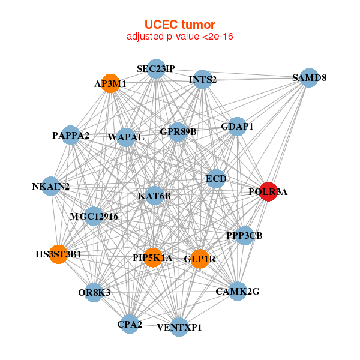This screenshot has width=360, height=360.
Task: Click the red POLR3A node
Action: (268, 192)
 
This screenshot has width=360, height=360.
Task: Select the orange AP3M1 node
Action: (110, 84)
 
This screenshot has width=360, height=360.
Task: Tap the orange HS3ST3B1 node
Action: (58, 254)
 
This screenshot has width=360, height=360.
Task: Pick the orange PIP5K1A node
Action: (152, 257)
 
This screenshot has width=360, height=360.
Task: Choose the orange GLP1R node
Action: (199, 259)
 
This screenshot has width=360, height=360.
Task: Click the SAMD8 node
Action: (308, 78)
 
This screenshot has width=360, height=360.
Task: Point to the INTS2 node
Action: (203, 80)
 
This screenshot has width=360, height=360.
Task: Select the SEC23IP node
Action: (155, 69)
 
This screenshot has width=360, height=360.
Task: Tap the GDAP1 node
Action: (238, 127)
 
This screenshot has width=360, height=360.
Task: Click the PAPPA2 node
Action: (71, 135)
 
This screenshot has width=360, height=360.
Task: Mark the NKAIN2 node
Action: (51, 187)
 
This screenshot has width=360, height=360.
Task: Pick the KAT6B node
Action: (154, 196)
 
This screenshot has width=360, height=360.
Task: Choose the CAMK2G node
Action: (238, 292)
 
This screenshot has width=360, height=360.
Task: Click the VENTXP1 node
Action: (179, 327)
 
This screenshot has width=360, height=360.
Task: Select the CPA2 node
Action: (130, 325)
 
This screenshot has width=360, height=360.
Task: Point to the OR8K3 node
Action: (94, 292)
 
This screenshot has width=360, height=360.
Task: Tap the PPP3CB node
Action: (244, 235)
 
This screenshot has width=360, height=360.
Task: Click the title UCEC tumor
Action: (179, 25)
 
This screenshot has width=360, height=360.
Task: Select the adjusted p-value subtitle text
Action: (179, 37)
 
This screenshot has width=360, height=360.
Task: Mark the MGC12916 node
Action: (94, 216)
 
